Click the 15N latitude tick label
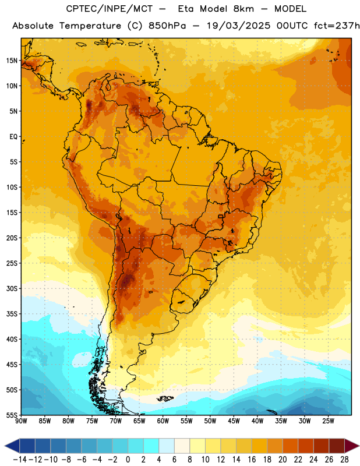[12, 61]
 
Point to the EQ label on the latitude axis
[13, 137]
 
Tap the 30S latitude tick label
[12, 288]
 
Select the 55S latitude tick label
[12, 415]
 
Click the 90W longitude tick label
[21, 421]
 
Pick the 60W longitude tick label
[163, 421]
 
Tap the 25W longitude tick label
[328, 421]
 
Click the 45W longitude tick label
[234, 421]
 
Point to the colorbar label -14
[20, 460]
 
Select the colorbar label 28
[344, 460]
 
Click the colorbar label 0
[128, 460]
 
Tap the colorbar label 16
[252, 460]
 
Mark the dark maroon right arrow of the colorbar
[351, 446]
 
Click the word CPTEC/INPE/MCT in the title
[110, 9]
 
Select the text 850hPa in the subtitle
[167, 26]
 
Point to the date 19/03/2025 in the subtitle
[238, 26]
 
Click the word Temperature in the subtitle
[90, 26]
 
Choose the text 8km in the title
[243, 9]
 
